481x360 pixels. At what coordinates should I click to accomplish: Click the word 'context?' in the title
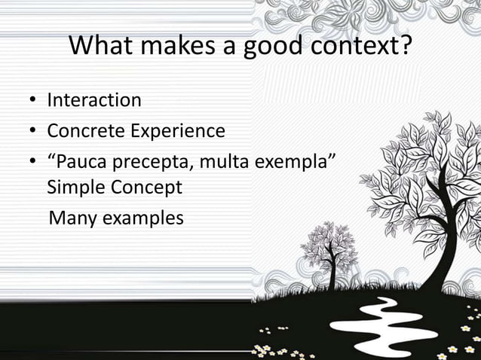click(357, 47)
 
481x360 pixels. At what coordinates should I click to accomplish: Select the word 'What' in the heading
click(100, 47)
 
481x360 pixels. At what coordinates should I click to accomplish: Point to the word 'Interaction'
click(93, 100)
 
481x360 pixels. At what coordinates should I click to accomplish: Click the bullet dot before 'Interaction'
click(33, 101)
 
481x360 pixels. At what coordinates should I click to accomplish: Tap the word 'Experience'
click(178, 131)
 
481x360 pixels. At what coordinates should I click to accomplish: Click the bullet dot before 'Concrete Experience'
click(33, 132)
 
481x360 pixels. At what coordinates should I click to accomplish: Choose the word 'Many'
click(73, 218)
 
